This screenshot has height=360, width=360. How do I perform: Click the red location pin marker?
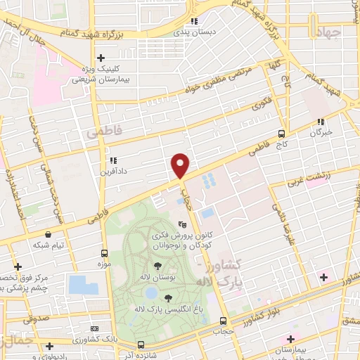181,165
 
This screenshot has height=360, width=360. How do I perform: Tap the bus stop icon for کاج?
281,134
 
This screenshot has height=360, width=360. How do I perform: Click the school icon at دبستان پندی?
194,20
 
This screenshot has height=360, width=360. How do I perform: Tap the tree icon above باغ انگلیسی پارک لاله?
167,299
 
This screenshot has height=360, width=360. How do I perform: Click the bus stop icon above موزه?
104,253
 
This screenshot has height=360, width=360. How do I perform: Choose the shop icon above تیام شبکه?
47,234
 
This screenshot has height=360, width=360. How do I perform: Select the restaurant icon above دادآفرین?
112,160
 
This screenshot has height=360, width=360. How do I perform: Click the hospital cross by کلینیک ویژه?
101,58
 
